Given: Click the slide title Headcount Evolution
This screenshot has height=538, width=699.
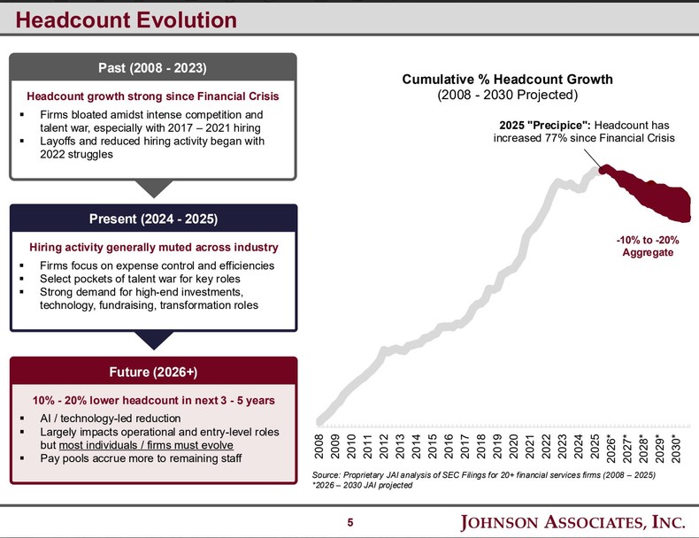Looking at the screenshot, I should pos(127,19).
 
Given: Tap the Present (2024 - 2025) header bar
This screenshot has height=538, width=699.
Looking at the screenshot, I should pos(153,219).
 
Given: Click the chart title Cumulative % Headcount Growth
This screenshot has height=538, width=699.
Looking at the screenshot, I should pos(507,80).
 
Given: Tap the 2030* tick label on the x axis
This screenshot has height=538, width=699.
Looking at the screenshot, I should pos(676,448).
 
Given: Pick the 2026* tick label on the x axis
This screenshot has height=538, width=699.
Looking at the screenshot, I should pos(611,448).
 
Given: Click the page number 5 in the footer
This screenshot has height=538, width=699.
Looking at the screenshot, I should pos(349,522).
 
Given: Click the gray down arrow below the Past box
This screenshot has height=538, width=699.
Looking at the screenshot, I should pos(153,188).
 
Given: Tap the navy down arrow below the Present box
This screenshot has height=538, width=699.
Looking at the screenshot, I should pos(153,339).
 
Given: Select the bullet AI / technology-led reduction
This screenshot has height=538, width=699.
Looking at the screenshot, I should pos(111,418).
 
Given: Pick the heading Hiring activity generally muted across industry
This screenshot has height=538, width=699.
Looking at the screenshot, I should pos(153,247).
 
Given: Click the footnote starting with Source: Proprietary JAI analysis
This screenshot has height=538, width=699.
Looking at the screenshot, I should pos(483,476).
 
